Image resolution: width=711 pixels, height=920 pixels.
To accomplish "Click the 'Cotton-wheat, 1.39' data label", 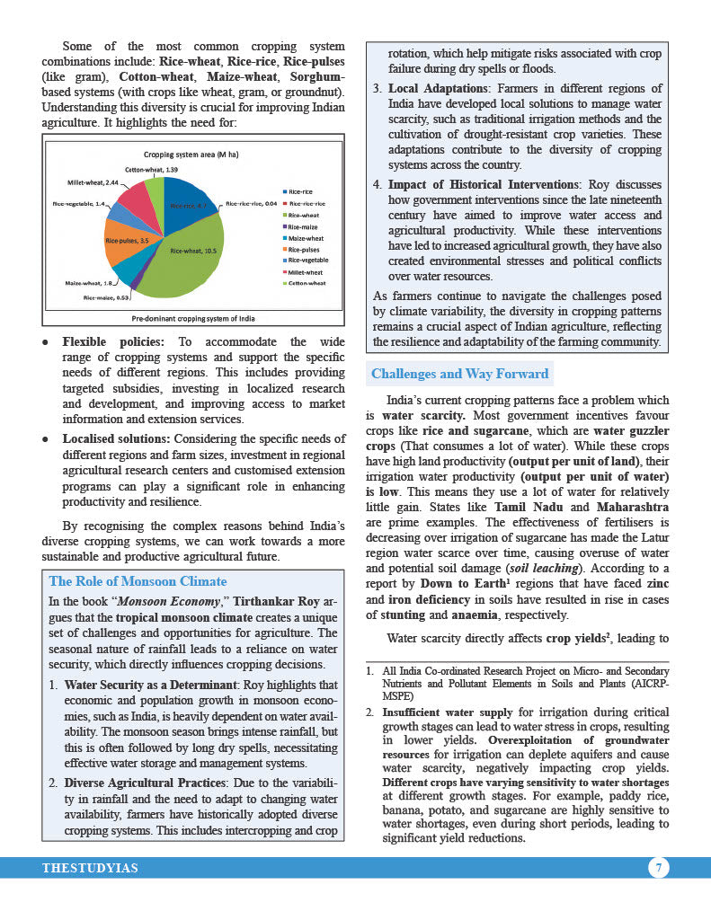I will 151,170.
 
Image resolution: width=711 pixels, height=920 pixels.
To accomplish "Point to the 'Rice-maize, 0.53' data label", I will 107,296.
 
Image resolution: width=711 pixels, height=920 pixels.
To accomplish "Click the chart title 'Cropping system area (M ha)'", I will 191,155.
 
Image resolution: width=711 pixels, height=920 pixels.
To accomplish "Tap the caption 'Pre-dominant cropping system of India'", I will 193,318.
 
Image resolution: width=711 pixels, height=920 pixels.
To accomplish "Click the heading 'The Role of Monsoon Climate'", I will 138,581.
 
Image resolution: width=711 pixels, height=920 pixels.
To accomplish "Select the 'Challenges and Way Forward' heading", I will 459,374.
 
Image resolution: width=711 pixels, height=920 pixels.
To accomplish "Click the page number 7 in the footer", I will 659,868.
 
